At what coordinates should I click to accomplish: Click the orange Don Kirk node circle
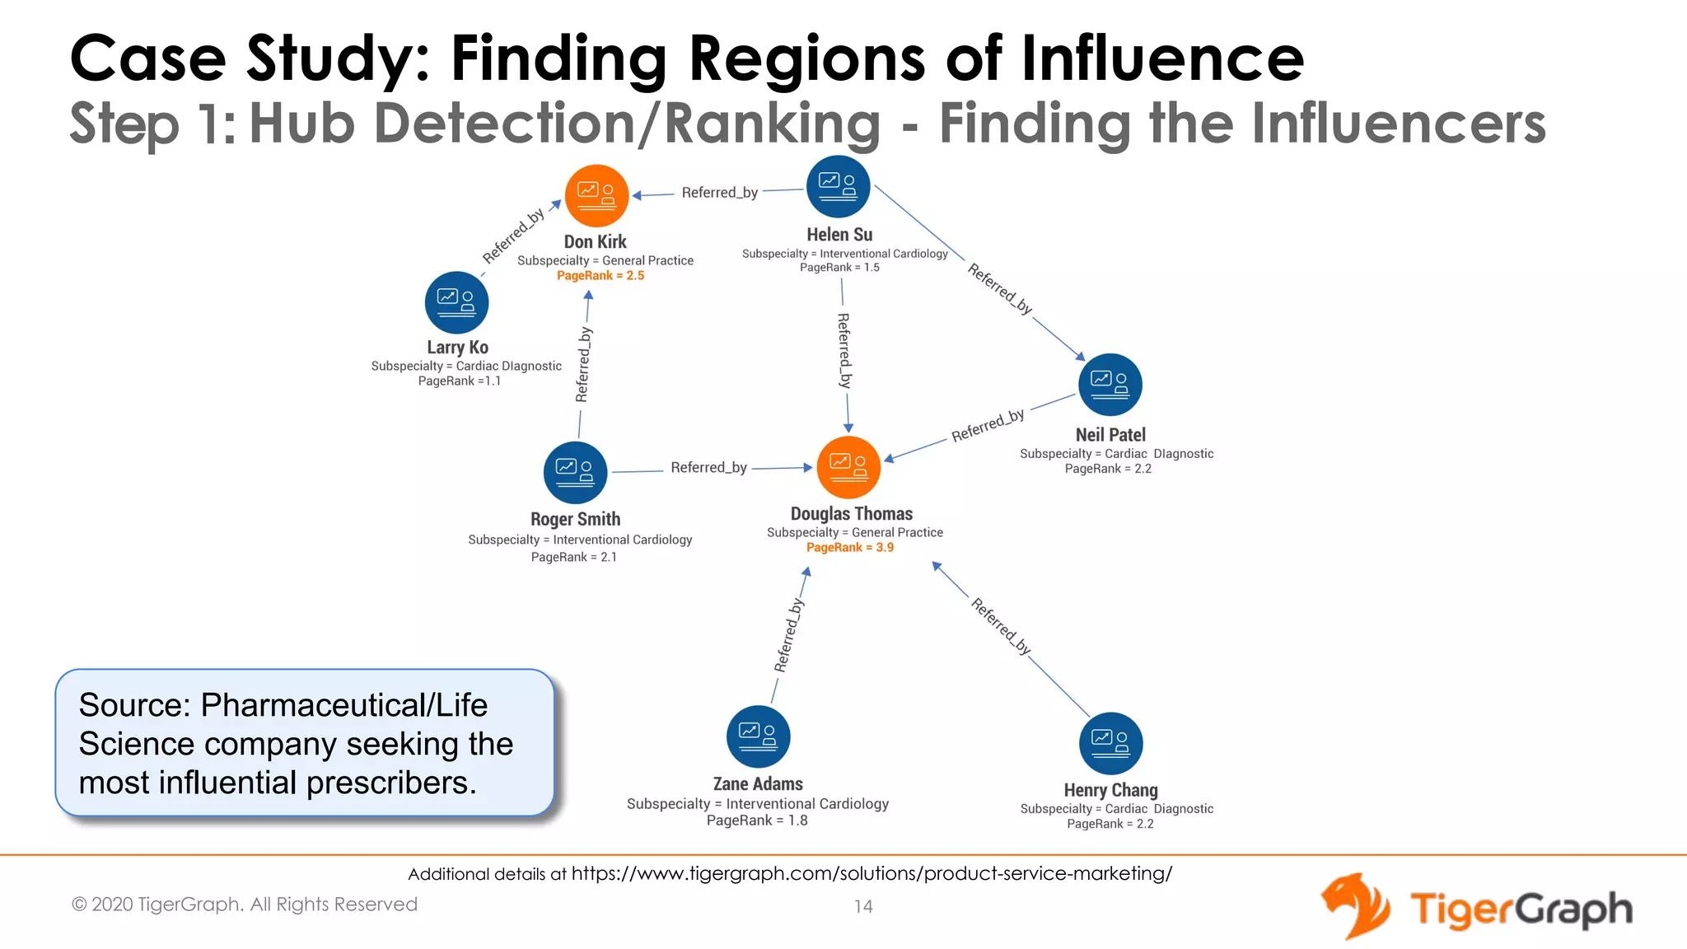tap(596, 196)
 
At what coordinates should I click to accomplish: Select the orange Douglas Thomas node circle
tap(848, 467)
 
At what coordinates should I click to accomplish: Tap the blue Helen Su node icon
tap(838, 186)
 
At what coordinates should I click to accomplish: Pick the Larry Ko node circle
tap(456, 302)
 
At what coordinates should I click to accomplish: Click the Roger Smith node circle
tap(575, 473)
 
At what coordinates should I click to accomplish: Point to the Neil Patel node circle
tap(1110, 385)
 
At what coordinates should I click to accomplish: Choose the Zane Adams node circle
tap(758, 736)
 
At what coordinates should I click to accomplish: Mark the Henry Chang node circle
tap(1110, 743)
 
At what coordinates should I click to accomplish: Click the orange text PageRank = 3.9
tap(849, 548)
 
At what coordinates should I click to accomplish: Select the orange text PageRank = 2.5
tap(600, 276)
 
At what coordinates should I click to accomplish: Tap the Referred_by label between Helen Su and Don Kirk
tap(719, 193)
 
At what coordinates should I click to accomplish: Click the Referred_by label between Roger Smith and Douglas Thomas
tap(708, 468)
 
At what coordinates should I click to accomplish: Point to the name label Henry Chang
tap(1110, 791)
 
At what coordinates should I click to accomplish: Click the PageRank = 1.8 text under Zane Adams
tap(757, 820)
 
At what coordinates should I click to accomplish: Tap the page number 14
tap(862, 907)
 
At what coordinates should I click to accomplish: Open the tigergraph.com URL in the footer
tap(872, 874)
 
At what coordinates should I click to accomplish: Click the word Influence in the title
tap(1162, 58)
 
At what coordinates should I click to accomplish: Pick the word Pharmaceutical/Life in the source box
tap(344, 705)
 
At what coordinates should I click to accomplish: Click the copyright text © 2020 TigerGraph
tap(244, 905)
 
